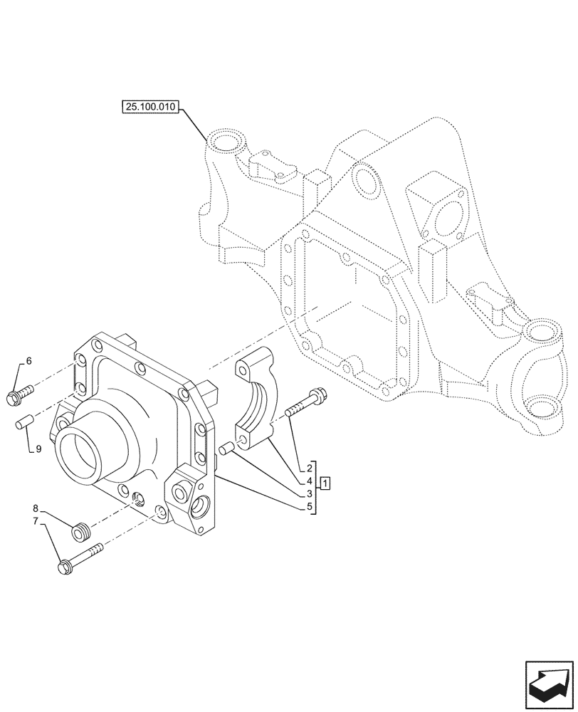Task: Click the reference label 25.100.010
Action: [x=152, y=108]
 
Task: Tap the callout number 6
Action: [x=29, y=361]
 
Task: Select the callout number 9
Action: [x=38, y=449]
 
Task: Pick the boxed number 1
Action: [x=325, y=485]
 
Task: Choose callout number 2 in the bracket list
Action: [x=310, y=468]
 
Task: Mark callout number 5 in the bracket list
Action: [x=310, y=506]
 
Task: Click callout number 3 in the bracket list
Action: [x=310, y=493]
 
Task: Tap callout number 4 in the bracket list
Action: [x=310, y=481]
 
